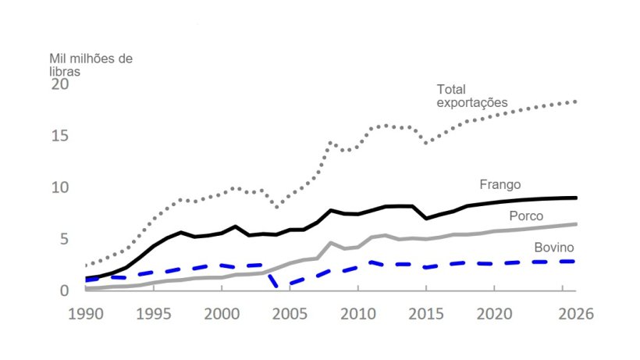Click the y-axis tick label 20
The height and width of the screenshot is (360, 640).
tap(59, 84)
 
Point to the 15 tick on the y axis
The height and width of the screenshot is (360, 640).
tap(59, 136)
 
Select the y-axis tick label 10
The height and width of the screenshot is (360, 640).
tap(59, 187)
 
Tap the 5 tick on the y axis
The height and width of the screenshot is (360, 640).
tap(65, 239)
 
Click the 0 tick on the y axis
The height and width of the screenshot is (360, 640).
tap(65, 290)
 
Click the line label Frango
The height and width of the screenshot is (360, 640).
tap(500, 184)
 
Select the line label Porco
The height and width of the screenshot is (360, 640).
tap(526, 216)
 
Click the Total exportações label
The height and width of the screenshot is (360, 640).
tap(471, 96)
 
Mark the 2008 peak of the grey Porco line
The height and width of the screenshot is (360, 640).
tap(331, 243)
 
